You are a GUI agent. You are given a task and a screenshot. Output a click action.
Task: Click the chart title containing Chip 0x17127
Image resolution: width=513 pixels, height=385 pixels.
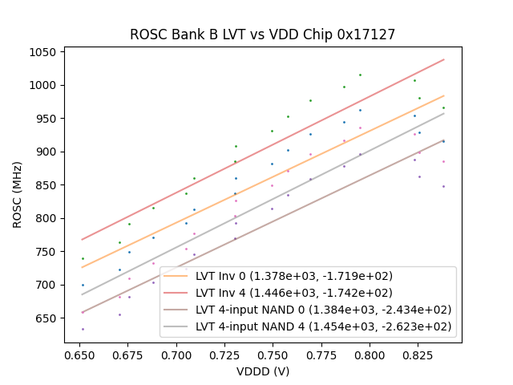pos(263,34)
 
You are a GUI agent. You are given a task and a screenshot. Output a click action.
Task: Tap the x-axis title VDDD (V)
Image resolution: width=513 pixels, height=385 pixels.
pos(263,371)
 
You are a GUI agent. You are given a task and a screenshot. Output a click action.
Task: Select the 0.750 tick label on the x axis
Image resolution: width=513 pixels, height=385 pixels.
pos(273,354)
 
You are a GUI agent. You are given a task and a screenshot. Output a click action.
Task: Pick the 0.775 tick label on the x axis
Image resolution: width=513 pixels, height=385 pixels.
pos(321,354)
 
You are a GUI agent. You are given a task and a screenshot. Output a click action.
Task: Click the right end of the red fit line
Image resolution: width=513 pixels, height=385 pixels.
pos(444,59)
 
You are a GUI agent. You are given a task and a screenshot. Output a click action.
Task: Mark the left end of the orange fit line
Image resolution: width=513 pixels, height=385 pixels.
pos(82,267)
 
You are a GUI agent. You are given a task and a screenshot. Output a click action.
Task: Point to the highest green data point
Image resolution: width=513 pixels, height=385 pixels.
pos(360,75)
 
